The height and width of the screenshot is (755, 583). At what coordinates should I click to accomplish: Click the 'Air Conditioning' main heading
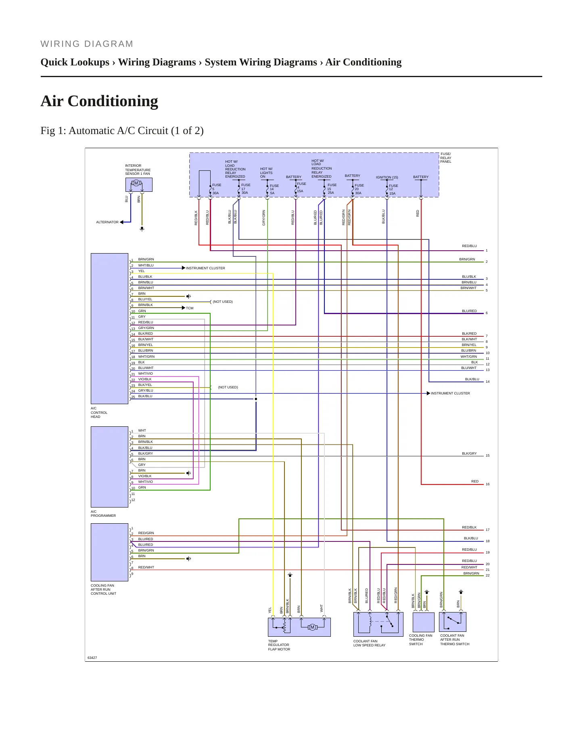pyautogui.click(x=99, y=101)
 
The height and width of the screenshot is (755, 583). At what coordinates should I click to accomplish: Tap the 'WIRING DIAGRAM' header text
pyautogui.click(x=87, y=44)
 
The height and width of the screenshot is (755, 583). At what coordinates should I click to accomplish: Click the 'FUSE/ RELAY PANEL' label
pyautogui.click(x=446, y=158)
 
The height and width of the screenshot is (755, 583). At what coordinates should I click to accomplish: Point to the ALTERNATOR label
pyautogui.click(x=107, y=222)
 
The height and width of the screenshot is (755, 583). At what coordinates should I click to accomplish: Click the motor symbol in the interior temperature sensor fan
pyautogui.click(x=136, y=183)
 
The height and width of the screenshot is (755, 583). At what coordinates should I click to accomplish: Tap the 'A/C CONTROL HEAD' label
pyautogui.click(x=99, y=413)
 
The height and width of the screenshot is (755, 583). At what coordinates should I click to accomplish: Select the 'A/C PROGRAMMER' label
pyautogui.click(x=103, y=514)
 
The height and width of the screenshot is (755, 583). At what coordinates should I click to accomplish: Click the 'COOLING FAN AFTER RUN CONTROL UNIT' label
pyautogui.click(x=103, y=589)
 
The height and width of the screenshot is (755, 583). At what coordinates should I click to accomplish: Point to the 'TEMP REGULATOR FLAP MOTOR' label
pyautogui.click(x=279, y=645)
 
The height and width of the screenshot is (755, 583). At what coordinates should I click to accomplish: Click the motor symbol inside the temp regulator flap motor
pyautogui.click(x=312, y=627)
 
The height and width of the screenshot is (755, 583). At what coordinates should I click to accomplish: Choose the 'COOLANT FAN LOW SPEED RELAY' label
pyautogui.click(x=369, y=643)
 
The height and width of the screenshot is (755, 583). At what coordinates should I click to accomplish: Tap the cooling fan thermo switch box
pyautogui.click(x=424, y=622)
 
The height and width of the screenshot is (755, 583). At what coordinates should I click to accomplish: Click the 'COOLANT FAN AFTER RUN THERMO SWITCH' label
pyautogui.click(x=455, y=640)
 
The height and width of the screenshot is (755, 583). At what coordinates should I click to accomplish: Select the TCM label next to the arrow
pyautogui.click(x=190, y=308)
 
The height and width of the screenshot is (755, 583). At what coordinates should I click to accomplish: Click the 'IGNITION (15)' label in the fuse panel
pyautogui.click(x=387, y=177)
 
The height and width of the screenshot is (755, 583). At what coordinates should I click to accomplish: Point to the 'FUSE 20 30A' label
pyautogui.click(x=359, y=189)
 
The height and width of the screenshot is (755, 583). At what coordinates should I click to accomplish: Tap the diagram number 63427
pyautogui.click(x=92, y=658)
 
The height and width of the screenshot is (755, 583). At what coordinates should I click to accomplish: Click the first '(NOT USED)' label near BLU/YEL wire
pyautogui.click(x=223, y=302)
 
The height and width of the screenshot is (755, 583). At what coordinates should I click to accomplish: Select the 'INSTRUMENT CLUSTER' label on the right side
pyautogui.click(x=450, y=393)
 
